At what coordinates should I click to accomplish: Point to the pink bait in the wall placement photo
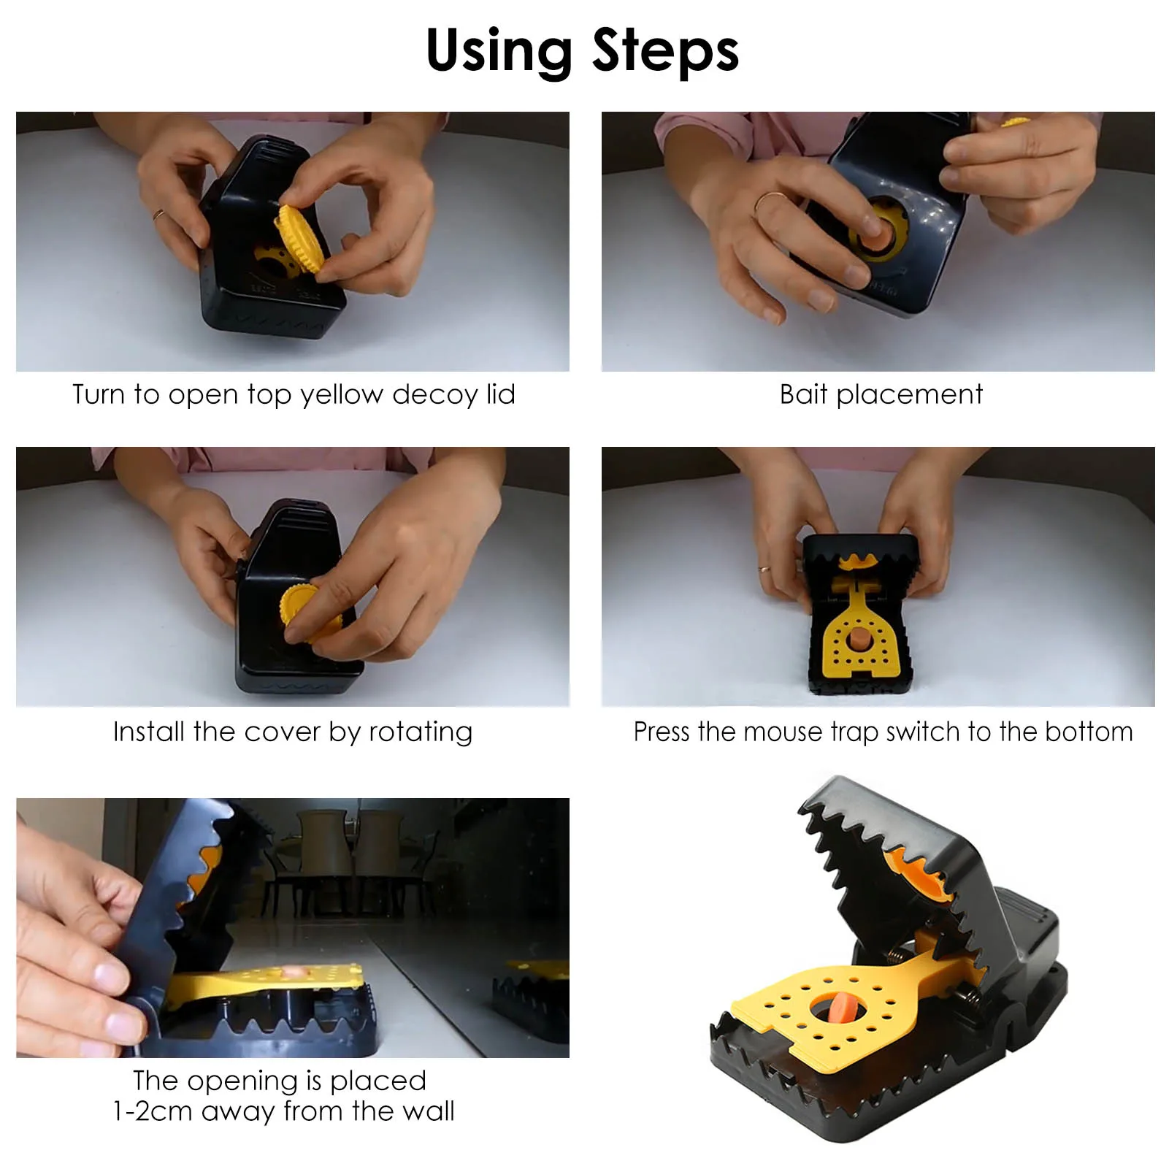[296, 973]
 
